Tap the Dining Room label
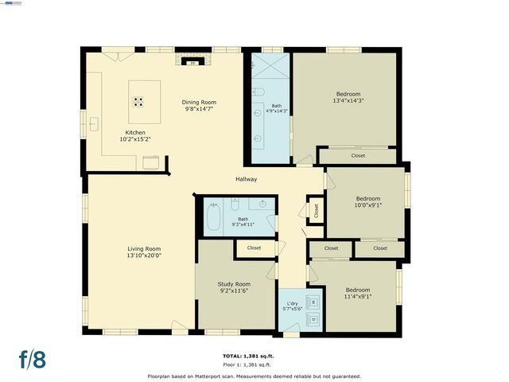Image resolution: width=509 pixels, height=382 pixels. [x=199, y=106]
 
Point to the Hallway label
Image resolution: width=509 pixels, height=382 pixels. [x=246, y=179]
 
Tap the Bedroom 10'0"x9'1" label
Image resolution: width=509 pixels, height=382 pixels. [x=367, y=202]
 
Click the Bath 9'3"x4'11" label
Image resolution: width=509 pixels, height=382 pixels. [x=243, y=222]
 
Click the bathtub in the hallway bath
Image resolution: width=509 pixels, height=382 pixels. [x=215, y=217]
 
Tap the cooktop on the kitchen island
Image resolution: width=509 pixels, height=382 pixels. [x=138, y=102]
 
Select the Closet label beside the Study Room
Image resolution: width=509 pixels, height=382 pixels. [x=254, y=248]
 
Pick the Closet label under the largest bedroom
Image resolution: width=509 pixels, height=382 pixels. [x=358, y=156]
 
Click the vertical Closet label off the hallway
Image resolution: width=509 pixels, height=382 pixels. [x=316, y=211]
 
